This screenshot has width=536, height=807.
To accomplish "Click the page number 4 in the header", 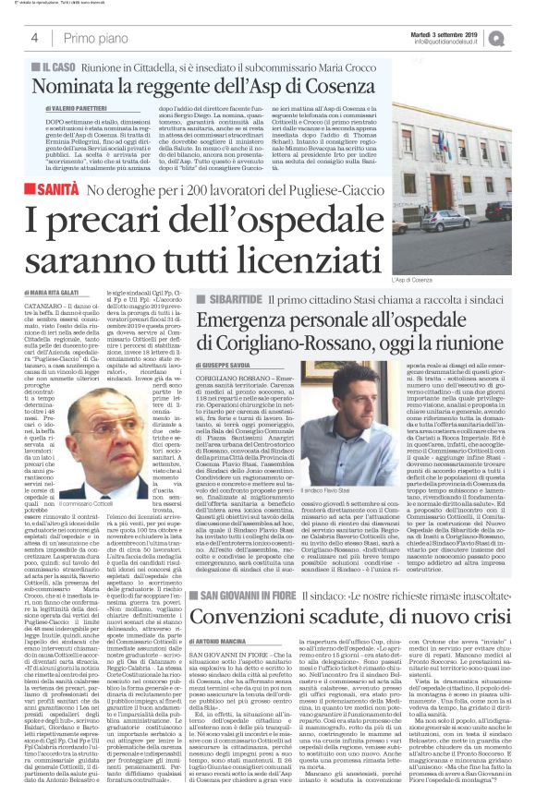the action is point(33,38).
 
